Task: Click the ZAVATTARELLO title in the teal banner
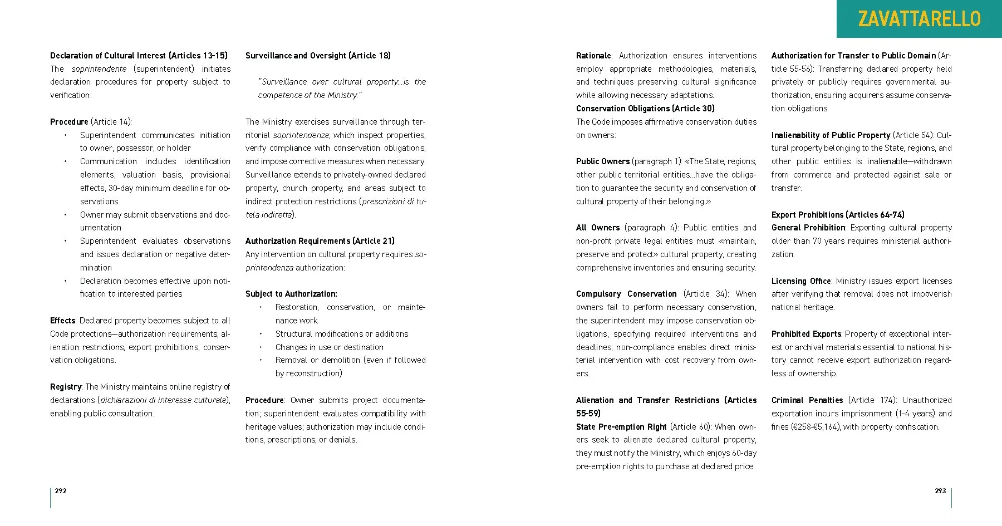pyautogui.click(x=919, y=19)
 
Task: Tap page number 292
pyautogui.click(x=61, y=490)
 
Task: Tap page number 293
pyautogui.click(x=940, y=490)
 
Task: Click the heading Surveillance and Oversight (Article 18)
pyautogui.click(x=318, y=56)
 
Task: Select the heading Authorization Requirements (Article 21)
pyautogui.click(x=320, y=241)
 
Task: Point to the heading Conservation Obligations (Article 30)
pyautogui.click(x=645, y=109)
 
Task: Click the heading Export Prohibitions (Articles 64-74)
pyautogui.click(x=838, y=215)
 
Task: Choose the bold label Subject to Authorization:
pyautogui.click(x=291, y=294)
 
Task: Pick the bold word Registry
pyautogui.click(x=66, y=387)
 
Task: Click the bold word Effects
pyautogui.click(x=62, y=321)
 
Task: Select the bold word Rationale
pyautogui.click(x=593, y=56)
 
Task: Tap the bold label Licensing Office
pyautogui.click(x=801, y=281)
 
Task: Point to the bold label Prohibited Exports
pyautogui.click(x=806, y=334)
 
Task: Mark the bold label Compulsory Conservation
pyautogui.click(x=626, y=294)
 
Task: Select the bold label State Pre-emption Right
pyautogui.click(x=621, y=427)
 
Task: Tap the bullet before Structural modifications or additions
pyautogui.click(x=261, y=334)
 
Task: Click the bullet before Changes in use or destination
pyautogui.click(x=261, y=347)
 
